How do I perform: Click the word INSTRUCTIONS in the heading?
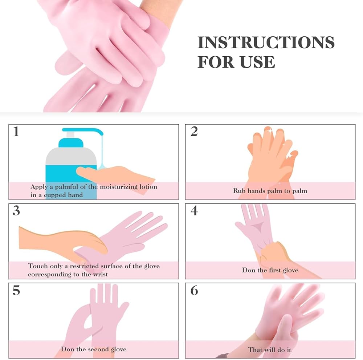266,43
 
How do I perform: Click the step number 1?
16,132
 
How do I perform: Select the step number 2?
194,132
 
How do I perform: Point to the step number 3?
16,211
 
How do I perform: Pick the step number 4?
194,211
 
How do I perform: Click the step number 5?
16,291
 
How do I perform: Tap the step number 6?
194,291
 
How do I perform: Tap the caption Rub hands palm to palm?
270,191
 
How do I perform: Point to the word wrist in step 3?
100,274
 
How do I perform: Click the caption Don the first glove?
270,270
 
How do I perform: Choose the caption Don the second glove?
94,349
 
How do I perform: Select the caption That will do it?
270,350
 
